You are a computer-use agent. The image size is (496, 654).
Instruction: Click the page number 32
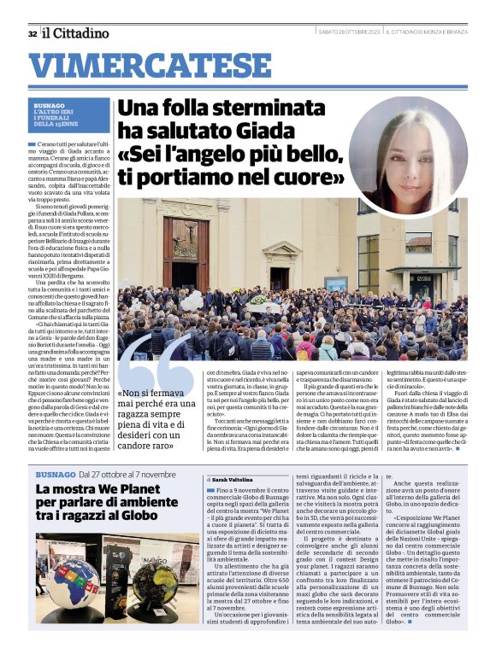tap(32, 33)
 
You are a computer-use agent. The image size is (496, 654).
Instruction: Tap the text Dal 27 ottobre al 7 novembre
tap(127, 473)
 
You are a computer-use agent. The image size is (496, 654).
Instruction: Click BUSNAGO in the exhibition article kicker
tap(54, 473)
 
